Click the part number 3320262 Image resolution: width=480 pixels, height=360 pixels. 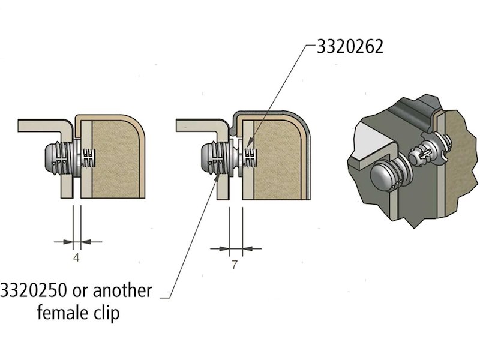click(x=344, y=47)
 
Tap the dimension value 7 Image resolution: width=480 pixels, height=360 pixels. click(x=235, y=265)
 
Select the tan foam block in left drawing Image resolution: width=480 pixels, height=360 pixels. click(x=114, y=159)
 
